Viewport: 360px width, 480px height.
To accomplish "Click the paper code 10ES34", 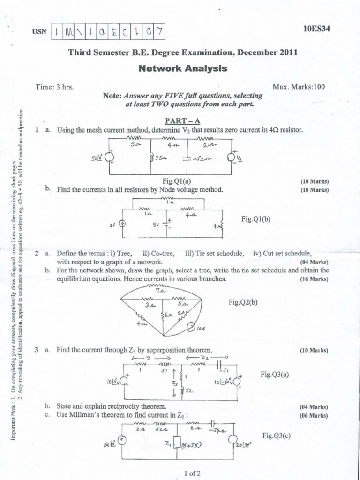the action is [317, 28].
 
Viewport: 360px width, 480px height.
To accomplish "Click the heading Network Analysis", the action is [183, 68].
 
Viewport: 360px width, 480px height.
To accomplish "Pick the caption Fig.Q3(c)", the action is [277, 435].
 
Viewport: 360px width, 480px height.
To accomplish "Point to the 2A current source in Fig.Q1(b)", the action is [123, 224].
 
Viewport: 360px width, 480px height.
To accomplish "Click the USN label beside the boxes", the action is [40, 31].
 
